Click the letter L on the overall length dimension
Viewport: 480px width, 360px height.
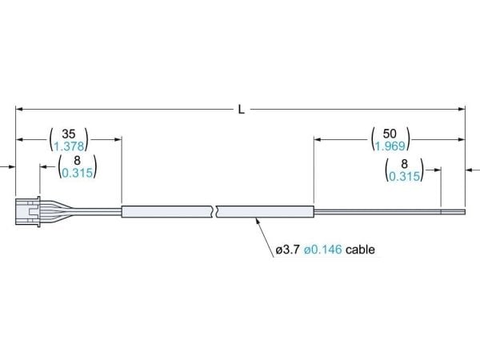242,110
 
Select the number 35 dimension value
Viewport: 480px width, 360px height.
69,134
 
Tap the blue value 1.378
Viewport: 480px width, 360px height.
69,146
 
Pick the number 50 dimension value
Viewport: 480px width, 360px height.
390,134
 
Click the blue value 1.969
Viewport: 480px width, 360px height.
390,146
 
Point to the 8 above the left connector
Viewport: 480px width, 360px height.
77,161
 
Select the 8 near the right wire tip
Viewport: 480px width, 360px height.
404,164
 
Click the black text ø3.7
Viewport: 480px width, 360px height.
287,250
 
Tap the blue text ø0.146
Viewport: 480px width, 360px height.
323,250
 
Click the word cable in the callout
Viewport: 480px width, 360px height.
360,250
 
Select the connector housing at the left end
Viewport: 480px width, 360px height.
28,211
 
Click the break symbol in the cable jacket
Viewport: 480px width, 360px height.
215,211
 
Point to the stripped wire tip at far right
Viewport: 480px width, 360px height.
453,212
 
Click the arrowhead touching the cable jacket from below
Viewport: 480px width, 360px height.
258,222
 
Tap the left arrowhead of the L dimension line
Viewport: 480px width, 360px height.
19,109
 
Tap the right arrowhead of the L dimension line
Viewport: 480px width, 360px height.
462,109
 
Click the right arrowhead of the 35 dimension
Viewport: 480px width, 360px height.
118,139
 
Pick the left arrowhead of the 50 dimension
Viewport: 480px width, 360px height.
318,139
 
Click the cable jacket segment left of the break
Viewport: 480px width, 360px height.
166,211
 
